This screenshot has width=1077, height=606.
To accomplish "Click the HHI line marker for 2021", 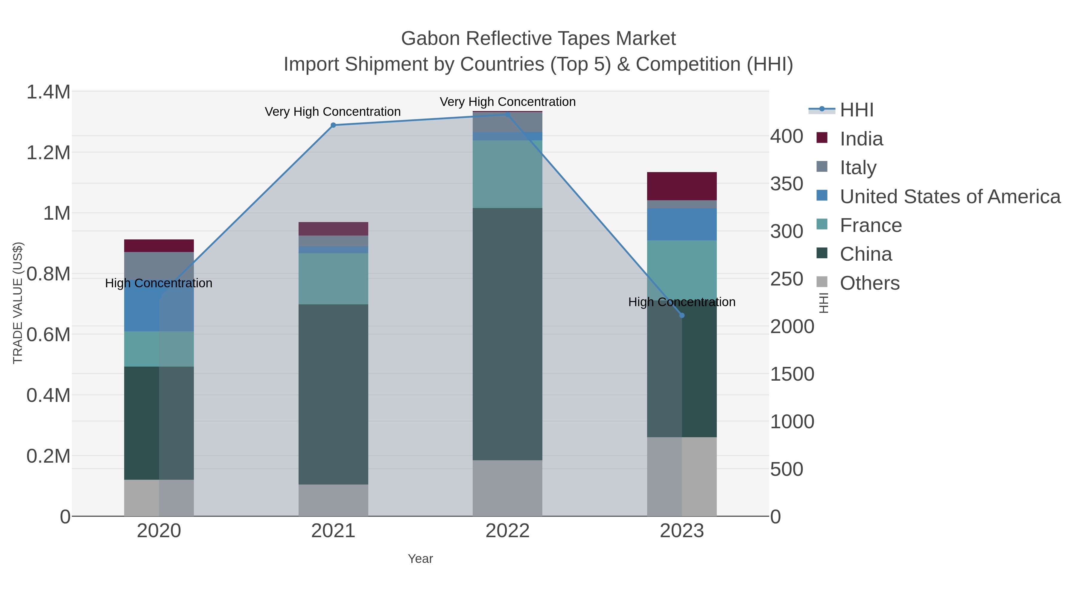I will (333, 125).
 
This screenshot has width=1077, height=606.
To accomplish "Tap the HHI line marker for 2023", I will (682, 315).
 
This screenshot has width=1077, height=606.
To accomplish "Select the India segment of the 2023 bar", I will (682, 186).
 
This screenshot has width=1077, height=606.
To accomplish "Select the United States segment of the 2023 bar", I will (682, 224).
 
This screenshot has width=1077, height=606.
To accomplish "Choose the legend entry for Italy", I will (858, 168).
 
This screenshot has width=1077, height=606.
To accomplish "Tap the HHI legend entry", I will (856, 110).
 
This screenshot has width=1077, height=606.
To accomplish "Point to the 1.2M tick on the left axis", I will (48, 153).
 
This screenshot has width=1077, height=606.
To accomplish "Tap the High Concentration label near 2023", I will (682, 302).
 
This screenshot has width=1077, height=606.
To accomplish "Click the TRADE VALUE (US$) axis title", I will (18, 303).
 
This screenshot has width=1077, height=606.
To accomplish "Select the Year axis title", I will (420, 559).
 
